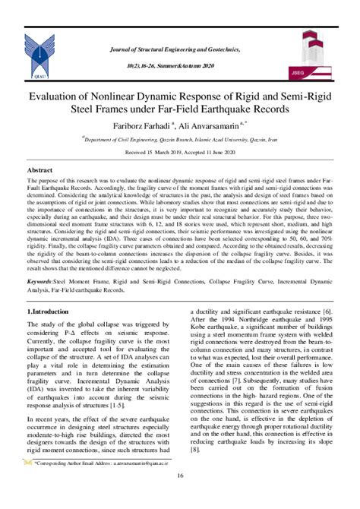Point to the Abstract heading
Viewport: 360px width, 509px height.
39,171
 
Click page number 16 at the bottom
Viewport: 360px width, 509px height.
180,476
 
